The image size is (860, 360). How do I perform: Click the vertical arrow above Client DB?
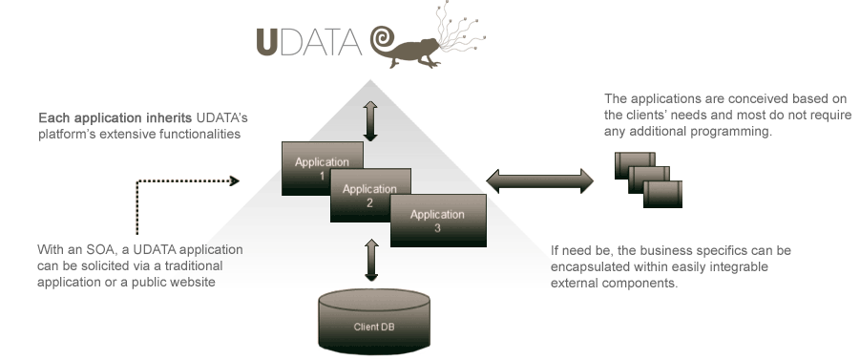click(371, 261)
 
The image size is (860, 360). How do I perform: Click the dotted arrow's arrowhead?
click(232, 180)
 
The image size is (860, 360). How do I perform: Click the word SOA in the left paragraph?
click(88, 250)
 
